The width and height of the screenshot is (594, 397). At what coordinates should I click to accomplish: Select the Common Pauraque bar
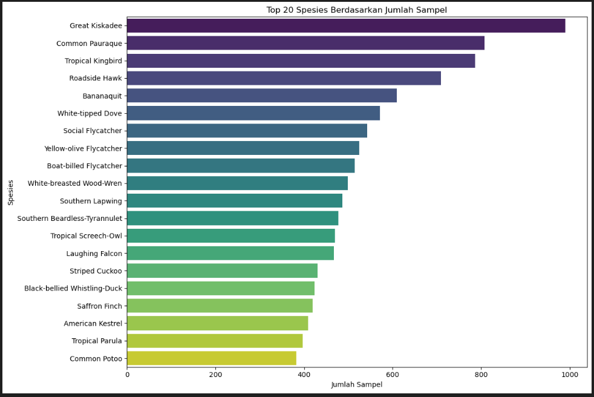pyautogui.click(x=305, y=43)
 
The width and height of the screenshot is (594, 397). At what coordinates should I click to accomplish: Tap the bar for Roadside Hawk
pyautogui.click(x=284, y=78)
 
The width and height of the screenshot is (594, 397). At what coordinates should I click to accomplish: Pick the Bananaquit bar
pyautogui.click(x=262, y=96)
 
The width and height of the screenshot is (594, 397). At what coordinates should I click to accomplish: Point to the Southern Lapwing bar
pyautogui.click(x=235, y=201)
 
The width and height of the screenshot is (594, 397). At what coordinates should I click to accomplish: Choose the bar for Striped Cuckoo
pyautogui.click(x=222, y=271)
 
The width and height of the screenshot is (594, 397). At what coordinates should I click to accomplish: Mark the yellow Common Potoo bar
pyautogui.click(x=212, y=358)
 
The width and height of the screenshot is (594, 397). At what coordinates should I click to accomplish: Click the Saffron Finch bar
pyautogui.click(x=220, y=306)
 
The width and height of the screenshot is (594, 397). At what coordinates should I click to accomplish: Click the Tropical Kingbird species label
pyautogui.click(x=93, y=61)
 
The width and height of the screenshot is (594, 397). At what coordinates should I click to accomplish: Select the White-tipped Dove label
pyautogui.click(x=90, y=113)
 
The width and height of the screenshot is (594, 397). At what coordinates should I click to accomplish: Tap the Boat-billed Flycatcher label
pyautogui.click(x=84, y=166)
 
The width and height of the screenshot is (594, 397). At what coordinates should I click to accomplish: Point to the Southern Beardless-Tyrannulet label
pyautogui.click(x=70, y=218)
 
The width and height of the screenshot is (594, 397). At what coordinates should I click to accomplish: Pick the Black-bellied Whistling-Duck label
pyautogui.click(x=73, y=288)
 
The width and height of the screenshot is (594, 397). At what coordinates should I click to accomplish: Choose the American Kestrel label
pyautogui.click(x=93, y=323)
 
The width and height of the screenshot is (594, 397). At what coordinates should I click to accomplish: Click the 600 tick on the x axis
pyautogui.click(x=393, y=375)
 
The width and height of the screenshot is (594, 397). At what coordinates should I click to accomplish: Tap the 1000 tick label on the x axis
pyautogui.click(x=570, y=375)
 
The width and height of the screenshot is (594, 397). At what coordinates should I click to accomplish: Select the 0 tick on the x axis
pyautogui.click(x=127, y=375)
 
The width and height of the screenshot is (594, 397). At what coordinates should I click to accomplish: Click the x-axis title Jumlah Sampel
pyautogui.click(x=357, y=385)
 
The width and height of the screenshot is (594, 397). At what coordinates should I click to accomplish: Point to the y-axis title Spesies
pyautogui.click(x=11, y=192)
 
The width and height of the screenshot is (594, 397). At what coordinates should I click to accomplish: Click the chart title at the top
pyautogui.click(x=357, y=10)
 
